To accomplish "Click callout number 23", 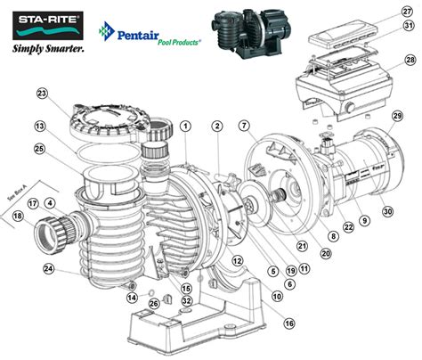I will [x=41, y=94].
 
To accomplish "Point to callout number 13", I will [x=41, y=127].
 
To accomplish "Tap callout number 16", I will [x=288, y=322].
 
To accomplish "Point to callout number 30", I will [x=386, y=211].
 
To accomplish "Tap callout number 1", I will [x=183, y=127].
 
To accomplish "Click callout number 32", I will [x=187, y=300].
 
